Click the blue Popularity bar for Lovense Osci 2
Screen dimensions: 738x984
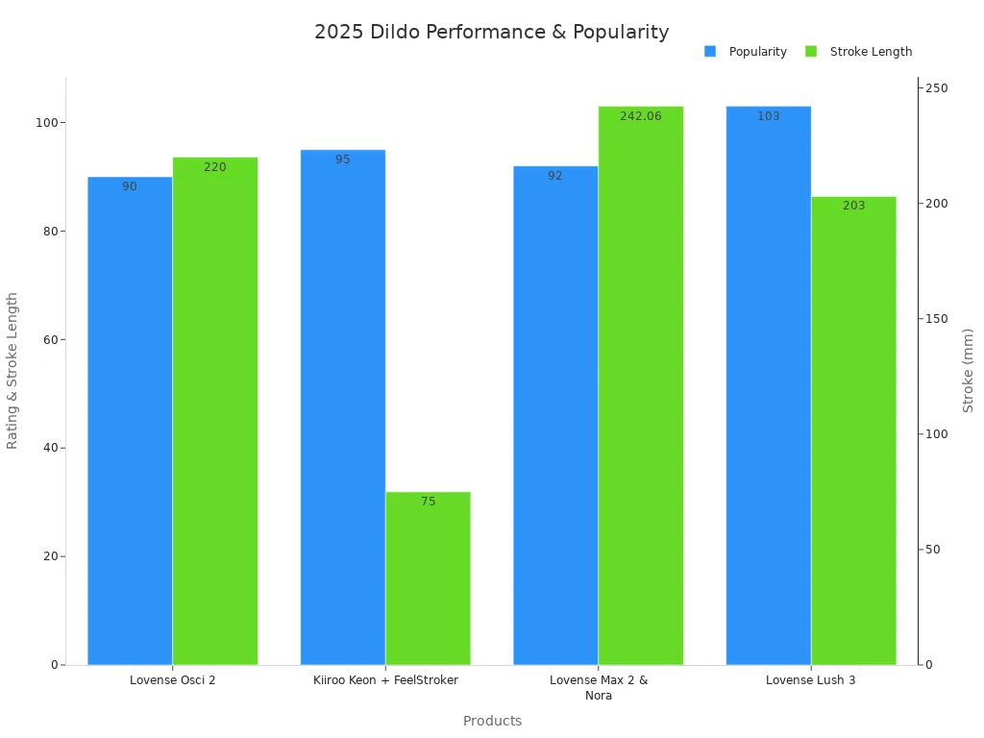coord(130,423)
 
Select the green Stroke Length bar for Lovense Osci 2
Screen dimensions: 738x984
coord(215,413)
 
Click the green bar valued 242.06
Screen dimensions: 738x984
coord(640,384)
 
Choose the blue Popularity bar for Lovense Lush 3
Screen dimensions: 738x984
coord(768,384)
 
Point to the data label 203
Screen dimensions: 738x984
coord(853,206)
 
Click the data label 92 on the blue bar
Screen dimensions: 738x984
coord(555,176)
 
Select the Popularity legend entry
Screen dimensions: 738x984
coord(747,52)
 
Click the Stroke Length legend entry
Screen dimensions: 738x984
coord(859,52)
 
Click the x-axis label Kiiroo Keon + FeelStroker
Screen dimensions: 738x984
coord(385,680)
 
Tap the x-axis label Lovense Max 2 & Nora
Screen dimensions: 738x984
coord(598,687)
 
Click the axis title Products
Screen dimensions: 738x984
coord(492,721)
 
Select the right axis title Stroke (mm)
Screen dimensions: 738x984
coord(968,370)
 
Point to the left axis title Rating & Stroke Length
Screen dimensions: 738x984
coord(12,370)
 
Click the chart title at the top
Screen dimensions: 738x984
coord(491,32)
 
